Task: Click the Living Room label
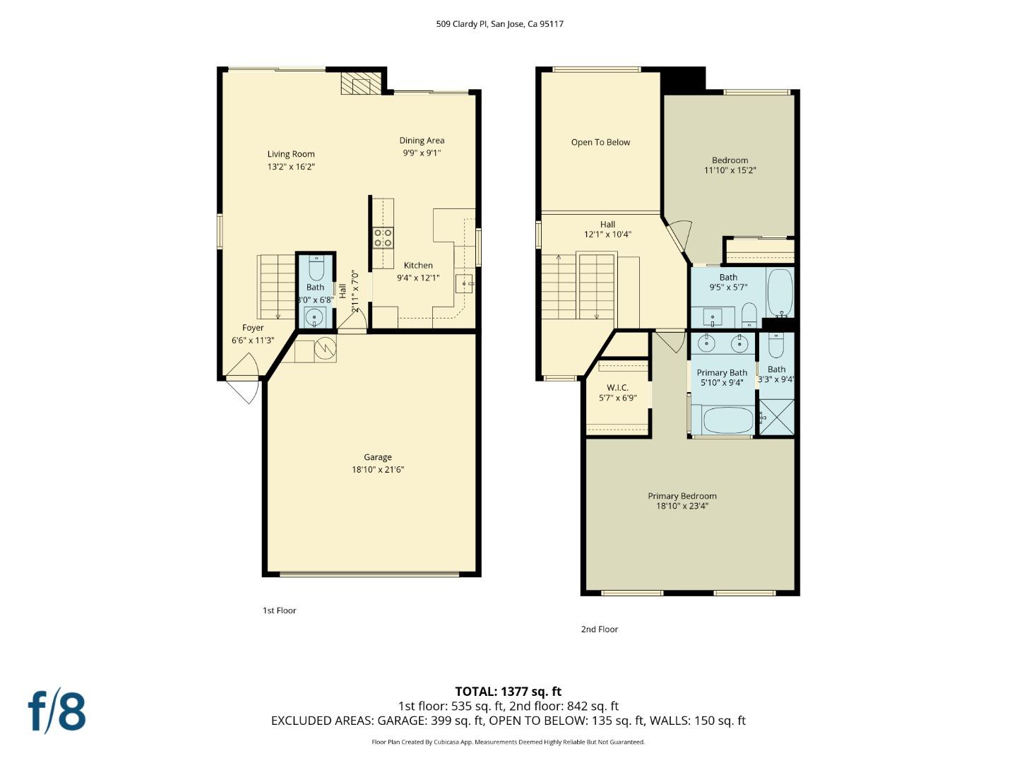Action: pos(290,154)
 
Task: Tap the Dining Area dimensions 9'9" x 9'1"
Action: pos(422,153)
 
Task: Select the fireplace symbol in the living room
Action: pos(360,84)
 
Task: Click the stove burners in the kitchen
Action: pos(383,237)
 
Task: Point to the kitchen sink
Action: pos(464,284)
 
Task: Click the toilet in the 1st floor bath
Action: pos(316,269)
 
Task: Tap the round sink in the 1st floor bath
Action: pos(315,317)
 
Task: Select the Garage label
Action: pos(378,457)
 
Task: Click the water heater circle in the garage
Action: pos(326,348)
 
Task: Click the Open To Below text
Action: pos(600,142)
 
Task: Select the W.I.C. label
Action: pos(617,388)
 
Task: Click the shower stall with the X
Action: pos(776,417)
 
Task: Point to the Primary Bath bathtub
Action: pos(727,420)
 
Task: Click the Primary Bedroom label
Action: pos(682,496)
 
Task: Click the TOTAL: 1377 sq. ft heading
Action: pos(508,691)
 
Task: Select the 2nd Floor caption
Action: pos(599,629)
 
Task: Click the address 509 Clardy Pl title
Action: pos(499,23)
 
